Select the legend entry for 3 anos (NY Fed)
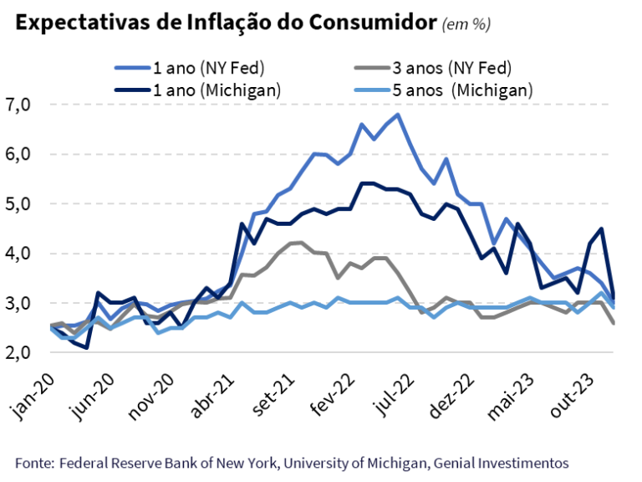coord(451,67)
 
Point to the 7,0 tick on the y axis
coord(18,105)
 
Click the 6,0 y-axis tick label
coord(18,154)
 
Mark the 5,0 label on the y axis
coord(18,203)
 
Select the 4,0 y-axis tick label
coord(18,253)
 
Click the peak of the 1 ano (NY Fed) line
coord(397,115)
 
